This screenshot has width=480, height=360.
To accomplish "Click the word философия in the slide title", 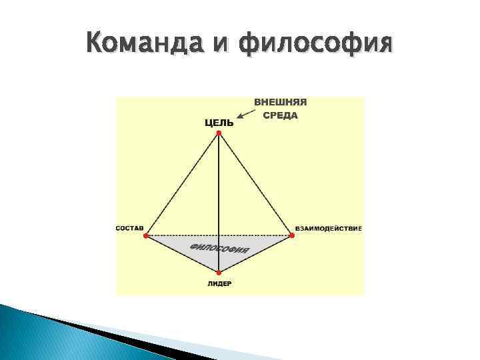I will [315, 45].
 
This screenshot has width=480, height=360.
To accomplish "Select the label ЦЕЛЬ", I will [219, 122].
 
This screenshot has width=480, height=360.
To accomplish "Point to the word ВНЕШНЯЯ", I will [280, 103].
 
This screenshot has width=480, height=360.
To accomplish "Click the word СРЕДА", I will [280, 115].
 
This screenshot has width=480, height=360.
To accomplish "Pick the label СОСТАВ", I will [130, 229].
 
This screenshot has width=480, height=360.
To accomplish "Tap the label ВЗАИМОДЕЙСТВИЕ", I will [328, 229].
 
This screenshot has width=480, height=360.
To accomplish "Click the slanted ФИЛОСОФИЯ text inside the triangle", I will [220, 248].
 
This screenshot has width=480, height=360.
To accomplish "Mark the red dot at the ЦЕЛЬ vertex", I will [219, 133].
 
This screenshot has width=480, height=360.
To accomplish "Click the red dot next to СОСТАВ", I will [147, 235].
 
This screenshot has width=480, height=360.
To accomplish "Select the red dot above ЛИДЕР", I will [219, 272].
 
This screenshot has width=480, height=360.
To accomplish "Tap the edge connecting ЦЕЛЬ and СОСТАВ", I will [183, 184].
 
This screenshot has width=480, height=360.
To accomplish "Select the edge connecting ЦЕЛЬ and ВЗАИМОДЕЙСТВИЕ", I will [255, 184].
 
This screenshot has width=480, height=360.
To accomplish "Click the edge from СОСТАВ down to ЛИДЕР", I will [183, 253].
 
